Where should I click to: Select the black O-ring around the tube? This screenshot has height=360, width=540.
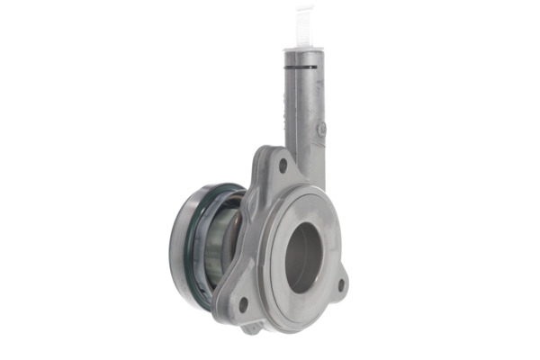(303, 67)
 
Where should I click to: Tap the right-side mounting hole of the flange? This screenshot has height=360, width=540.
(340, 285)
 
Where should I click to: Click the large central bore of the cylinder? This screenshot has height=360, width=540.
(304, 256)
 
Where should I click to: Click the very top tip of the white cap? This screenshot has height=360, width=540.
(304, 8)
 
